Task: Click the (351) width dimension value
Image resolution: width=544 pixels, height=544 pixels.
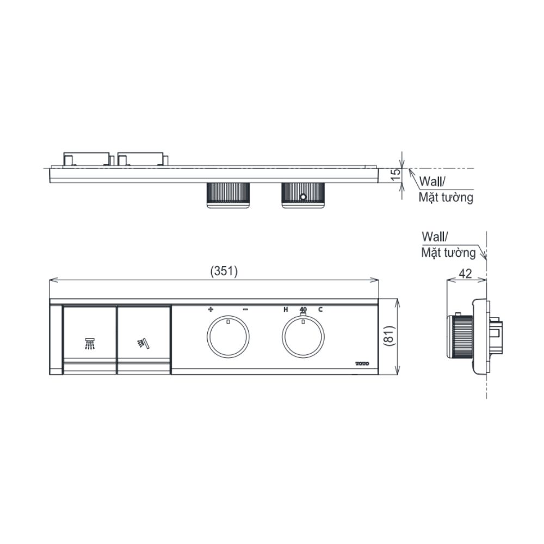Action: [224, 271]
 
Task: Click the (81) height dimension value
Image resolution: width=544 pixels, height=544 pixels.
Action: [390, 336]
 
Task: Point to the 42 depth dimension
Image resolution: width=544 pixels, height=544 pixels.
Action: [465, 274]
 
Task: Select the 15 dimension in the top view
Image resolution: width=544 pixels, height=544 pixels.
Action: [395, 174]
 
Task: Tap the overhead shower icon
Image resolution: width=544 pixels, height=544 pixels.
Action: [90, 343]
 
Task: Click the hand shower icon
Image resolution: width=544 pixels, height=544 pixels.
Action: [143, 343]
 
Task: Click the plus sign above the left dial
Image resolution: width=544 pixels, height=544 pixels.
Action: [211, 309]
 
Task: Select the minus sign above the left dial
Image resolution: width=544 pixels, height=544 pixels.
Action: [245, 309]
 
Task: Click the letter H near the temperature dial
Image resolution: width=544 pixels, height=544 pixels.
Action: [286, 309]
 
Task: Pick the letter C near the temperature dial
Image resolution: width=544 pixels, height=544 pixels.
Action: [320, 309]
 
